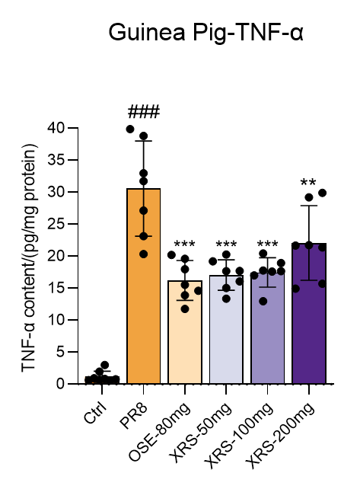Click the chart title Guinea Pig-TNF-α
point(205,33)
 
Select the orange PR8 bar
point(144,286)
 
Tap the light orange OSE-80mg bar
point(185,332)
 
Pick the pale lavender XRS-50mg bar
point(226,329)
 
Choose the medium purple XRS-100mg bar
point(267,328)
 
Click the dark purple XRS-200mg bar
point(309,313)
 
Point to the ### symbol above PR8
point(144,112)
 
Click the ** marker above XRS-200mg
point(308,182)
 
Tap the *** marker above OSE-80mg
point(184,244)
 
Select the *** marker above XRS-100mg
point(267,244)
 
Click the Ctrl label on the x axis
point(95,413)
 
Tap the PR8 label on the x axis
point(133,416)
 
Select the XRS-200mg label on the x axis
point(280,436)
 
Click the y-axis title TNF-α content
point(29,257)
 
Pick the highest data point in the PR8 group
point(130,129)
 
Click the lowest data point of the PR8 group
point(143,254)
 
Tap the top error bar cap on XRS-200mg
point(309,206)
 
